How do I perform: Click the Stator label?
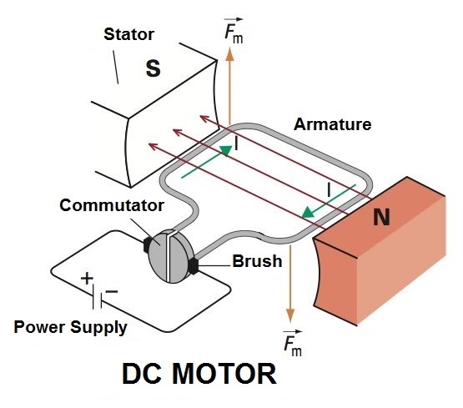[130, 34]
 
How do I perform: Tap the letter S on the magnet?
[153, 68]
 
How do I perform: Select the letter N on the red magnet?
[381, 218]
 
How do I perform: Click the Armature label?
[332, 124]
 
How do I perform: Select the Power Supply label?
[71, 326]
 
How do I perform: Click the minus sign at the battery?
[112, 292]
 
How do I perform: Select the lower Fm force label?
[292, 342]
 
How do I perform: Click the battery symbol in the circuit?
[98, 295]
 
